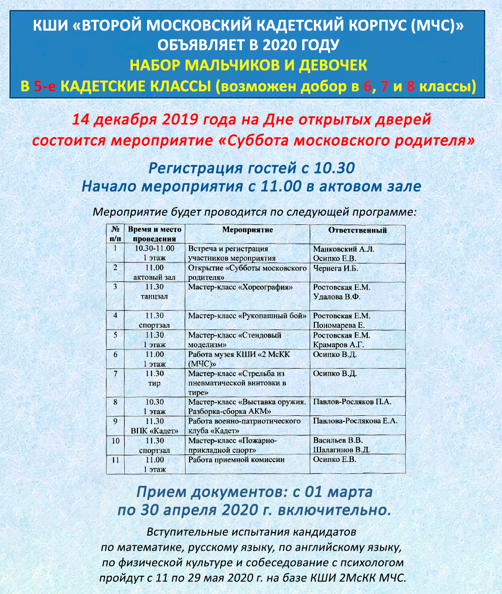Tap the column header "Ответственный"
(x=357, y=230)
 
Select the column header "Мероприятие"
(x=247, y=230)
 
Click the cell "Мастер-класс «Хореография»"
(x=241, y=287)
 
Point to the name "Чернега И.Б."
(x=336, y=268)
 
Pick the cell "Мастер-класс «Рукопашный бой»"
(x=247, y=316)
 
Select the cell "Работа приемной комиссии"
(x=236, y=459)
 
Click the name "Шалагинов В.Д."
(x=342, y=450)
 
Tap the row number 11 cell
(x=116, y=459)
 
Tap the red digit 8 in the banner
(x=411, y=86)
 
